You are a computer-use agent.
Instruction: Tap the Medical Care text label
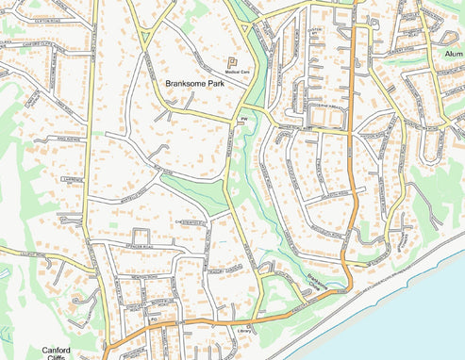[237, 72]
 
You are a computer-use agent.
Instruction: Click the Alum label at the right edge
[453, 54]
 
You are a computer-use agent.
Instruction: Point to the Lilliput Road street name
[21, 253]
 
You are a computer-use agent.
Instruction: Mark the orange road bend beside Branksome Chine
[346, 278]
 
